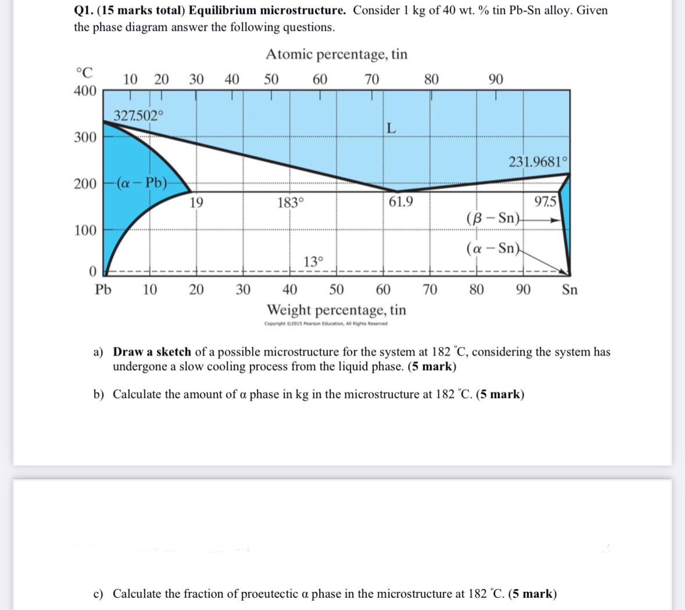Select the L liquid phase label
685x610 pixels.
coord(392,129)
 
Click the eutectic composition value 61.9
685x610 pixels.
coord(401,202)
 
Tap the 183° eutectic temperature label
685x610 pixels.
coord(290,203)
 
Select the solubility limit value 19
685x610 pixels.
coord(196,202)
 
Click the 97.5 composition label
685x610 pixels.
coord(546,202)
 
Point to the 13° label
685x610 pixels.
coord(313,261)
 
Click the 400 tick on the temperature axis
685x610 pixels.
coord(85,91)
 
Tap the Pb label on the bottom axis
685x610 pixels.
coord(103,289)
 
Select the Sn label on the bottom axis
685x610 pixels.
coord(570,289)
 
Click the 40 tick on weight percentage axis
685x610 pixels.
coord(290,289)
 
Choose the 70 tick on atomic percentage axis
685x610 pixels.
coord(372,79)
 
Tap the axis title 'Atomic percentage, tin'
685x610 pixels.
coord(336,54)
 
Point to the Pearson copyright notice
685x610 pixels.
coord(325,324)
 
